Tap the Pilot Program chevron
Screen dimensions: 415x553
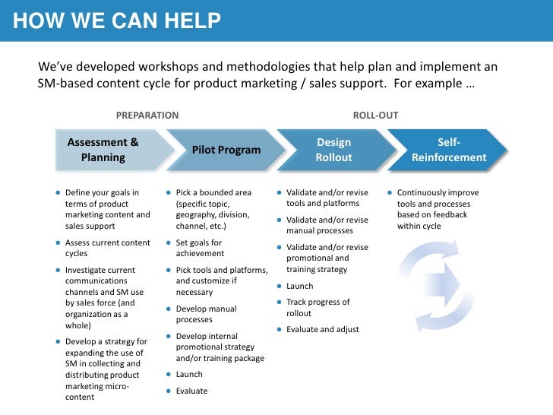pos(226,150)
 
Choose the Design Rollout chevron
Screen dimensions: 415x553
pos(334,150)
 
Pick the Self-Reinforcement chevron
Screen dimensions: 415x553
pos(449,150)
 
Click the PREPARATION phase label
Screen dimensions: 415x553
pos(147,116)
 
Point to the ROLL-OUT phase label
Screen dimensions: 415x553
pos(375,116)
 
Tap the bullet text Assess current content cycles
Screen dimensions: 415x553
pos(108,248)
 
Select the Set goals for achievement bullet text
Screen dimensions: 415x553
pos(199,248)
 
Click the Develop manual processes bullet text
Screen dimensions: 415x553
pos(206,314)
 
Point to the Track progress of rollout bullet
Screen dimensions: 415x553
pos(318,307)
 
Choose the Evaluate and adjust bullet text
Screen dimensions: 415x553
pos(322,329)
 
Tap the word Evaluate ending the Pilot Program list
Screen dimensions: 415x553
pos(191,391)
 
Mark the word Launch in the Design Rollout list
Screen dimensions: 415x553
pos(299,286)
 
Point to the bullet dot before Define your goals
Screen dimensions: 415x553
pos(58,193)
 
